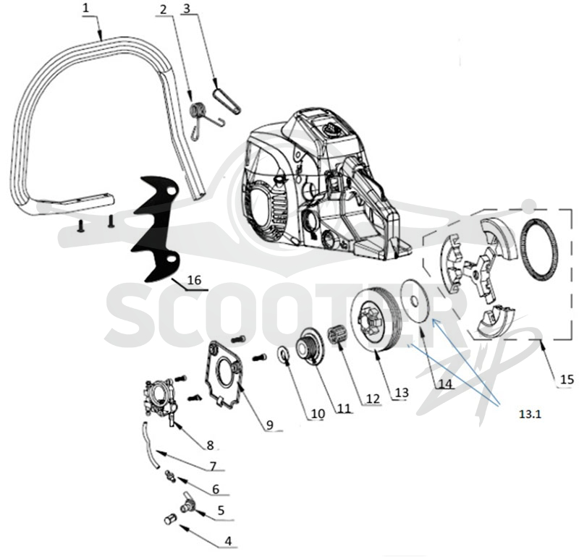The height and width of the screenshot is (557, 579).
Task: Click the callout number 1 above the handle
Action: click(x=85, y=8)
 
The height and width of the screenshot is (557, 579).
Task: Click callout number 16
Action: click(x=194, y=280)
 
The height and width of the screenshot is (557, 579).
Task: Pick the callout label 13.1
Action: click(x=530, y=414)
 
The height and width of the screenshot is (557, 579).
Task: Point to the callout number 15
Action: click(x=567, y=379)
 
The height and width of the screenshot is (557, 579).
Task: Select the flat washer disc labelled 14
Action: click(x=415, y=302)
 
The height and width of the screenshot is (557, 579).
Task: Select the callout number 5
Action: click(x=221, y=511)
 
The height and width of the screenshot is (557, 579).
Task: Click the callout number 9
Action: click(x=269, y=425)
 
